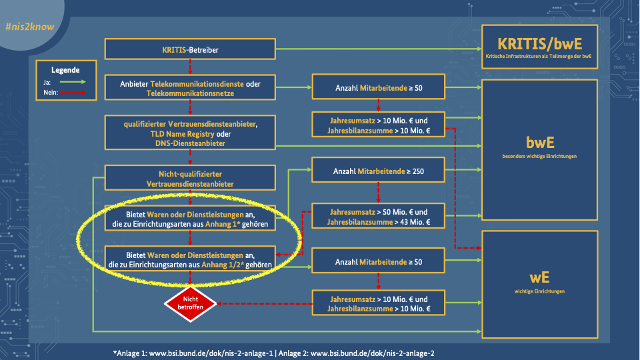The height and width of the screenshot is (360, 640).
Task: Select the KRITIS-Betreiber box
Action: [190, 49]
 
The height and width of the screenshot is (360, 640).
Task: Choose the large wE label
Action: [540, 278]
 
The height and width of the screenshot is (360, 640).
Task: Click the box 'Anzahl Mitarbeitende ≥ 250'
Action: [378, 171]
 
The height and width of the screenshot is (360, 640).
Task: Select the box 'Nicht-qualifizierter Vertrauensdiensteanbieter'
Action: [190, 177]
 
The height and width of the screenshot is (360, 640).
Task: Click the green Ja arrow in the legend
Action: [74, 82]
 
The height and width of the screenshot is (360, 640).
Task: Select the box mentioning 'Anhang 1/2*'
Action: [191, 259]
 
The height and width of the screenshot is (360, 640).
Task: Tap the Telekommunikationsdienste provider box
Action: [190, 88]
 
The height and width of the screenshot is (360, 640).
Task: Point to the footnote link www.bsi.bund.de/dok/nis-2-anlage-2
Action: [373, 353]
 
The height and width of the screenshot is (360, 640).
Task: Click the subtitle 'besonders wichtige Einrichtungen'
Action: [541, 157]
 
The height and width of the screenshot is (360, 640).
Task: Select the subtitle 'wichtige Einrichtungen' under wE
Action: [540, 291]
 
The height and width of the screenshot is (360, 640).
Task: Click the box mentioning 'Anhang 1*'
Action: [191, 219]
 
